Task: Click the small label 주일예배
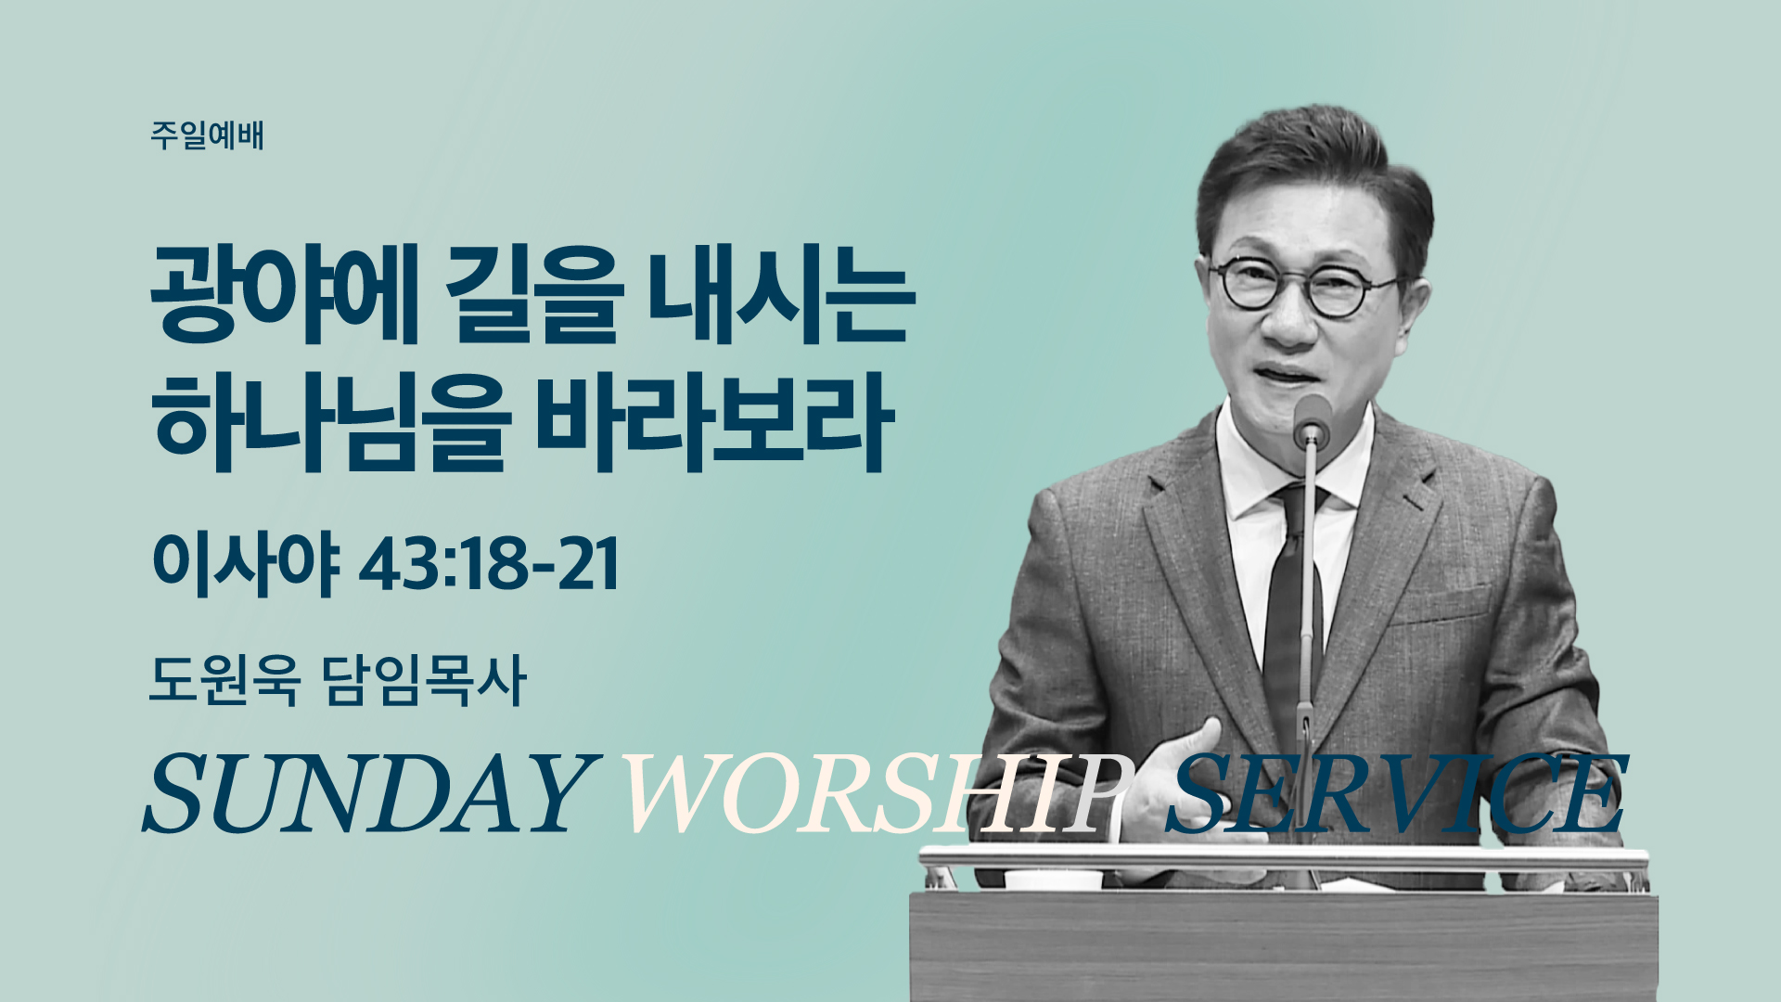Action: click(x=207, y=135)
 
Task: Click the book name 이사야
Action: click(x=245, y=565)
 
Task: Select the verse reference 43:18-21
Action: click(x=489, y=565)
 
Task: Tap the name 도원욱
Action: click(x=224, y=681)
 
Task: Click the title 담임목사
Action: click(x=425, y=681)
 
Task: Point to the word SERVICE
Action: click(x=1396, y=793)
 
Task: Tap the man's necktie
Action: click(x=1291, y=612)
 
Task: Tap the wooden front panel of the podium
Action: click(x=1283, y=947)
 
